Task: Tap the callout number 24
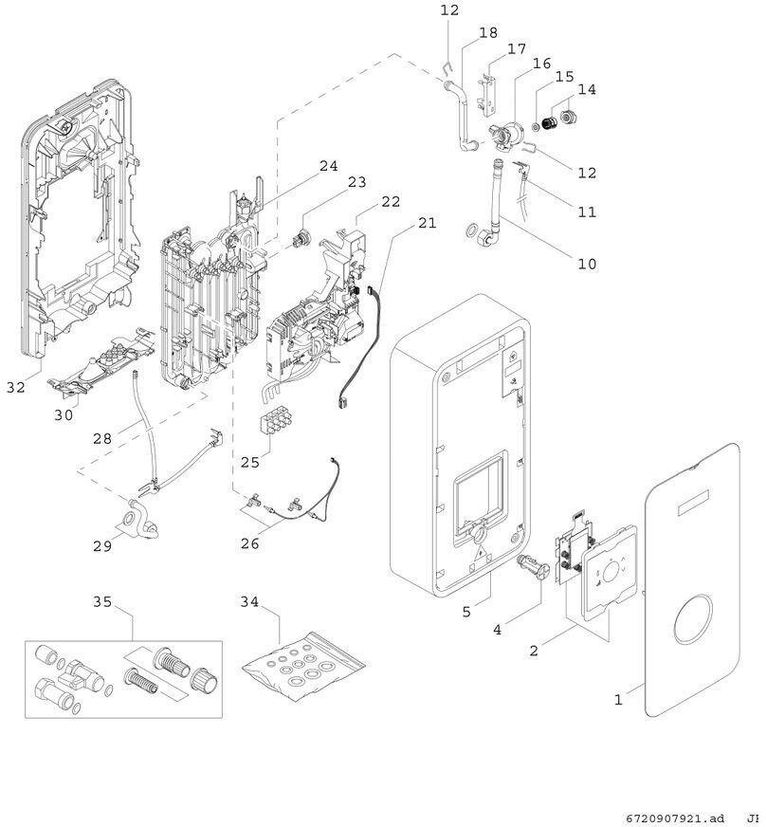point(328,166)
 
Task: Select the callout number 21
point(427,224)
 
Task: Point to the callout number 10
point(587,264)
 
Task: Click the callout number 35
point(102,601)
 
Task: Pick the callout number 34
point(249,601)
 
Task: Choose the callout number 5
point(466,612)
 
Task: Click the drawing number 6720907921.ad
point(674,818)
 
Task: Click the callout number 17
point(517,48)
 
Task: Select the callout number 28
point(102,439)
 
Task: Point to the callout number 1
point(617,700)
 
